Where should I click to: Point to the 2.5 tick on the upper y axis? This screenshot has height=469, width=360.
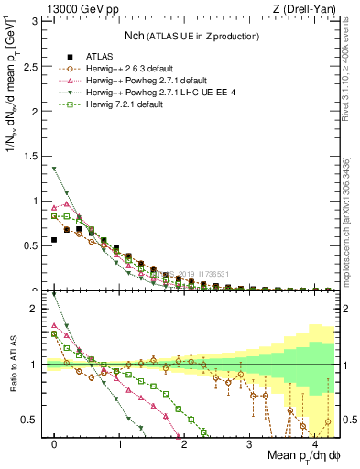pos(35,66)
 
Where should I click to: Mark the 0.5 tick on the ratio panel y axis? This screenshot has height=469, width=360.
pos(35,420)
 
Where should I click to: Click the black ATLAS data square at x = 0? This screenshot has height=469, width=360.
pos(55,240)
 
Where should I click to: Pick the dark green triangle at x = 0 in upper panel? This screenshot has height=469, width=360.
pos(55,169)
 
